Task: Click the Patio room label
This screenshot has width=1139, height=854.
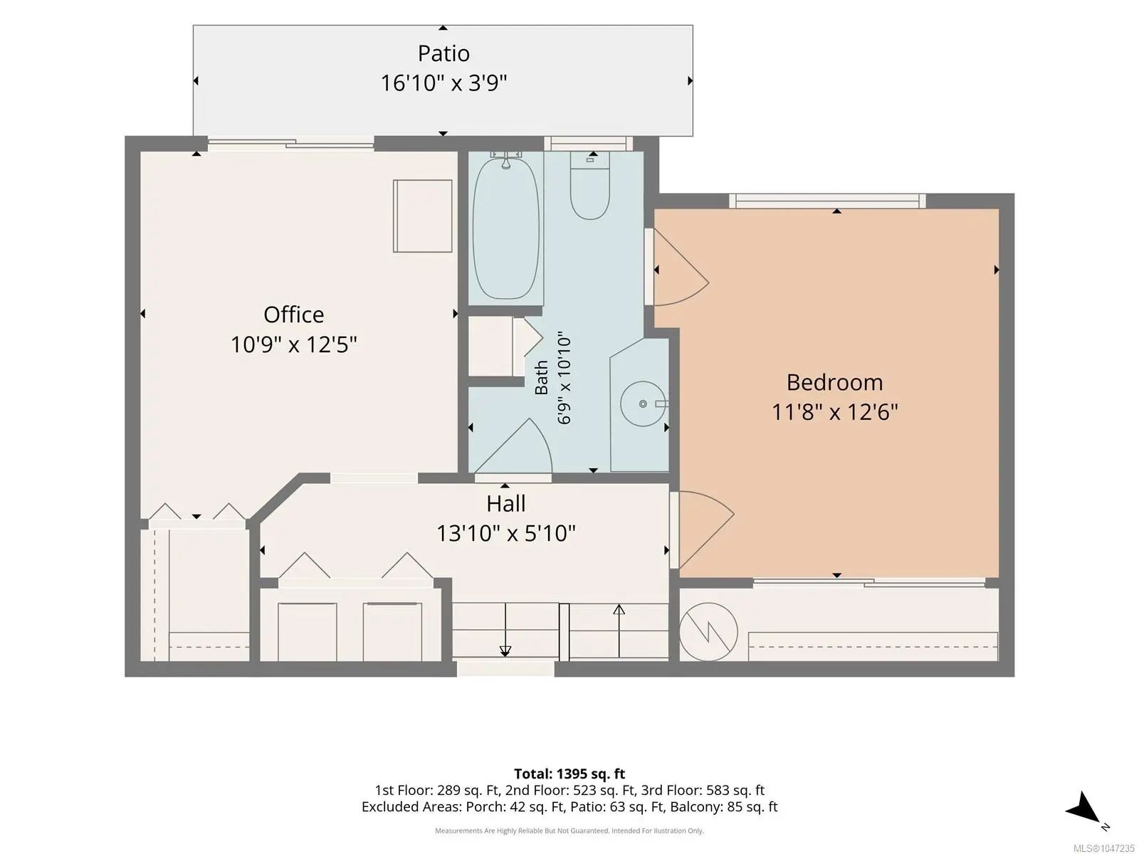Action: coord(443,53)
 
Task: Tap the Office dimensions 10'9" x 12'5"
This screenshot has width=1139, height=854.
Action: coord(294,344)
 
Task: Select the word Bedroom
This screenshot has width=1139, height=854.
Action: coord(834,383)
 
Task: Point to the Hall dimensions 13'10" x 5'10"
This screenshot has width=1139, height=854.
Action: coord(506,533)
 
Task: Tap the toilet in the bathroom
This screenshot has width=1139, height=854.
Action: coord(589,186)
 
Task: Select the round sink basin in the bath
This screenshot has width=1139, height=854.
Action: coord(644,404)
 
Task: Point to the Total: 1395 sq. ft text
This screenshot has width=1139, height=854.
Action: coord(569,774)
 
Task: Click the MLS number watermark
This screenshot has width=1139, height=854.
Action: coord(1103,848)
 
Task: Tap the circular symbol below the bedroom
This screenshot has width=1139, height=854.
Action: coord(708,632)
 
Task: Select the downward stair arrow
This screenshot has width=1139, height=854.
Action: coord(505,630)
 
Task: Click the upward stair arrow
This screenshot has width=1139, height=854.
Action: coord(619,631)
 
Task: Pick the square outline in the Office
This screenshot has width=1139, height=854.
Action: coord(422,216)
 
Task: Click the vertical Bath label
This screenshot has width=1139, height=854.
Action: coord(541,377)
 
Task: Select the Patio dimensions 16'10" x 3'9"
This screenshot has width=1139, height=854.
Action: coord(443,83)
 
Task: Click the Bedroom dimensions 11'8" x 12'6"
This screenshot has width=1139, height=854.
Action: coord(834,412)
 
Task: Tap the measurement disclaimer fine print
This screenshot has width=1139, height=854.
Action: coord(569,831)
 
